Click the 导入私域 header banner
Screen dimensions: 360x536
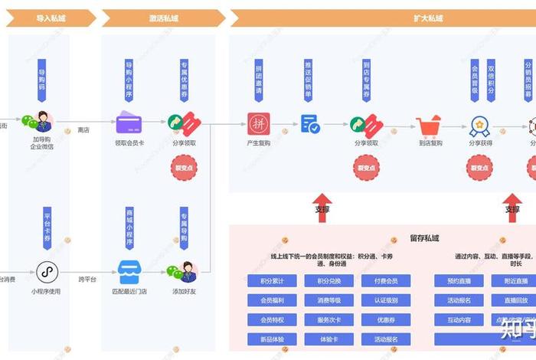(50, 18)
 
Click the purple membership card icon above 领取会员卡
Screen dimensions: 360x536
(129, 123)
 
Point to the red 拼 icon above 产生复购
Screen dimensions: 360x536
(259, 123)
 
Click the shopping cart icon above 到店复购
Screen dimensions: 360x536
(429, 124)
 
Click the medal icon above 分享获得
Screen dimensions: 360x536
(480, 124)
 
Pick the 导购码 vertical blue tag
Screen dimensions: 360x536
(42, 80)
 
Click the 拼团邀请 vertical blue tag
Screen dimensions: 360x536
(259, 80)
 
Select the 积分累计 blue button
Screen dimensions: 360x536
(273, 281)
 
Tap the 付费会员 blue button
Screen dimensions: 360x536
(385, 281)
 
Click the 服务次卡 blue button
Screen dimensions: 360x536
(328, 319)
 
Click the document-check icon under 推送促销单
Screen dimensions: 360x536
(310, 123)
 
